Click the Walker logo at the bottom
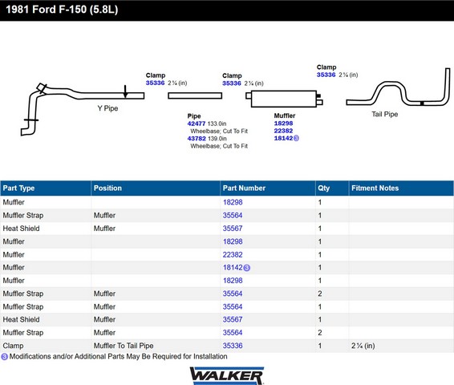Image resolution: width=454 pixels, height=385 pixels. [x=227, y=375]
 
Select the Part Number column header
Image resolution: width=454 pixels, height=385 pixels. [x=244, y=188]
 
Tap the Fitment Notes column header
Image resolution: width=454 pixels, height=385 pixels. [x=375, y=188]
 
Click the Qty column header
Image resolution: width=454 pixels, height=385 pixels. [x=324, y=188]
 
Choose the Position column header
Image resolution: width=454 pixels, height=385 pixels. [x=107, y=188]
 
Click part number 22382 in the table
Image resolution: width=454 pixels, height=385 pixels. [x=233, y=255]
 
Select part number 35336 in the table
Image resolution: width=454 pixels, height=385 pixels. [x=233, y=346]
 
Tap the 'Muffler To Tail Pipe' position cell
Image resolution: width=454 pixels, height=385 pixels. [x=124, y=346]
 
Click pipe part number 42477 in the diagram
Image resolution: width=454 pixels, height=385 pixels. [x=197, y=124]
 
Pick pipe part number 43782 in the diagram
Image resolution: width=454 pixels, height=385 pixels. [x=197, y=139]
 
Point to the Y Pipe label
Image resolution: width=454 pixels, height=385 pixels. [x=107, y=108]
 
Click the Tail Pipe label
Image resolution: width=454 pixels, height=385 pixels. [x=385, y=114]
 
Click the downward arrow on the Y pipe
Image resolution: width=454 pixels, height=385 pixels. [x=125, y=91]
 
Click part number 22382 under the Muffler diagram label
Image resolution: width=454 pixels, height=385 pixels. [x=283, y=131]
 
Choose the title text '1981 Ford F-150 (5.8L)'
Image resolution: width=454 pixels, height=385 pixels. [x=62, y=10]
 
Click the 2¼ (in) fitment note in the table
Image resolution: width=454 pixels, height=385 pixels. [x=363, y=346]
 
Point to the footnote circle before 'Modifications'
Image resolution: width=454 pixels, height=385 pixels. [x=4, y=357]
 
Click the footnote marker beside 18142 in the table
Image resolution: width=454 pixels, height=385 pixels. [x=247, y=268]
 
